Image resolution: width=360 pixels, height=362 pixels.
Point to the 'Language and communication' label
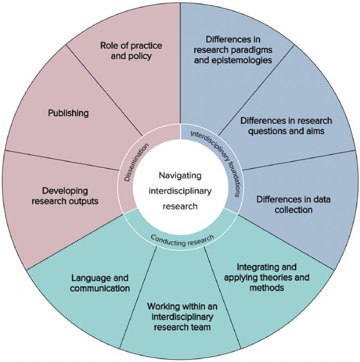click(100, 283)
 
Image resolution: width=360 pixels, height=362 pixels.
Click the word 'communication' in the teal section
click(100, 288)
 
